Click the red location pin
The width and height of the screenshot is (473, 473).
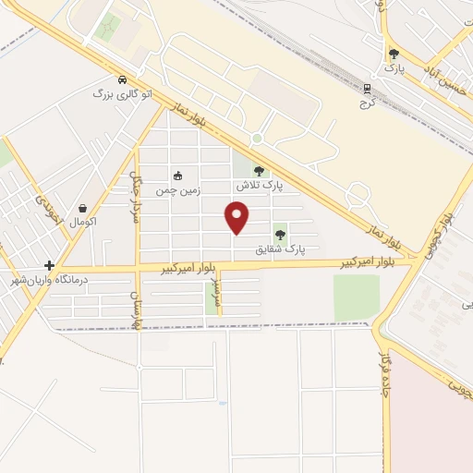tap(237, 218)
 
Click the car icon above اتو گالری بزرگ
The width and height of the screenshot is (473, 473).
tap(123, 79)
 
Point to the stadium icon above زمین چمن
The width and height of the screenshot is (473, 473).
tap(177, 175)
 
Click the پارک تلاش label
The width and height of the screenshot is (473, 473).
tap(258, 185)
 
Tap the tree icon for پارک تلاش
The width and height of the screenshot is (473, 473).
tap(259, 170)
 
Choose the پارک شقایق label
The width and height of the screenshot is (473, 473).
tap(280, 249)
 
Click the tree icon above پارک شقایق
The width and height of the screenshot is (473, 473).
tap(280, 235)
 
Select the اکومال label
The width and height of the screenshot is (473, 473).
tap(83, 222)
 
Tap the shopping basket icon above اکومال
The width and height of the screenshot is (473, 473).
tap(83, 208)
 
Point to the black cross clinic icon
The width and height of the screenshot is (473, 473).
tap(48, 264)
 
